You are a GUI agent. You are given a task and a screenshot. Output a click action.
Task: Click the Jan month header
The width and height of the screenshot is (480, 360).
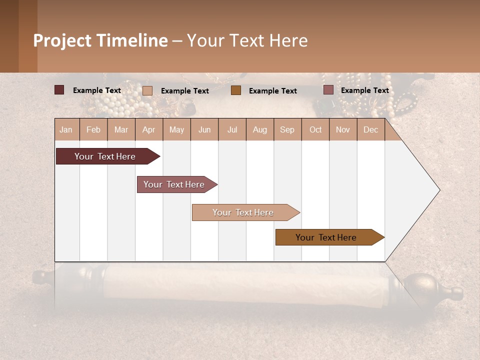click(x=66, y=129)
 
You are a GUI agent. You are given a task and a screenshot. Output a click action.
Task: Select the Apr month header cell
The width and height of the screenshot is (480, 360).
click(x=149, y=129)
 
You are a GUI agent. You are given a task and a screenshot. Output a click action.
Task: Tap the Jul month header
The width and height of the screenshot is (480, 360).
click(x=232, y=129)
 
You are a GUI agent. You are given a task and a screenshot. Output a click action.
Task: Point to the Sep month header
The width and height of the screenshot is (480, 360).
click(x=287, y=129)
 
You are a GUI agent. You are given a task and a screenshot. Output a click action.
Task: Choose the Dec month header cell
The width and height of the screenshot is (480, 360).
click(x=370, y=129)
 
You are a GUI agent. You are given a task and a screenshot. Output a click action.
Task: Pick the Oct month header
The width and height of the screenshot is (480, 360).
click(x=315, y=129)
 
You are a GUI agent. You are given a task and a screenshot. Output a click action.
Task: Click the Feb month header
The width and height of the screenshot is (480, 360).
click(x=93, y=129)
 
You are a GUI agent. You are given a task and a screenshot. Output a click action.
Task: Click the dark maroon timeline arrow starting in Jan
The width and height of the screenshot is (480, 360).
click(x=105, y=156)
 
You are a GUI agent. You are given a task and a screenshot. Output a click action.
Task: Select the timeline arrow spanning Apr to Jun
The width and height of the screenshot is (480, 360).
click(x=174, y=184)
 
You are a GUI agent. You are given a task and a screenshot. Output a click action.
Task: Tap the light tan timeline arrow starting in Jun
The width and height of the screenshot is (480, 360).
click(x=243, y=212)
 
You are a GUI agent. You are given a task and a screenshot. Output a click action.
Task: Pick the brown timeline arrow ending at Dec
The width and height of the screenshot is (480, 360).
click(x=326, y=237)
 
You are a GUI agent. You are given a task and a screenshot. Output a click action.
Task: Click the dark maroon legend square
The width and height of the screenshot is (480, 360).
click(x=59, y=90)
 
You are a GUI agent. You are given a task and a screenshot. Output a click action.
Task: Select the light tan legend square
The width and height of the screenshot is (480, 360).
click(x=147, y=90)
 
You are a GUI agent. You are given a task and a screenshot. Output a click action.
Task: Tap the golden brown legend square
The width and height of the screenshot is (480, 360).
click(x=236, y=90)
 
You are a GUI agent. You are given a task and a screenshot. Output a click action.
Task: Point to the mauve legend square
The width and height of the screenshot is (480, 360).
click(x=328, y=90)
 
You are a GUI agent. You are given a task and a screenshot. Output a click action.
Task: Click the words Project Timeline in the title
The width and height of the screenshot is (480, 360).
click(x=100, y=40)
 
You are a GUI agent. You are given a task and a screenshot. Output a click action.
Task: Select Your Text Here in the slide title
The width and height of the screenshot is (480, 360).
click(x=247, y=40)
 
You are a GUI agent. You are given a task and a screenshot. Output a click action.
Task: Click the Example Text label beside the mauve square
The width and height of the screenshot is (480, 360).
click(x=364, y=90)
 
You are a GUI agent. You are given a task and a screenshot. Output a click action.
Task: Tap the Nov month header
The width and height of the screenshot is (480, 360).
click(x=342, y=129)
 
